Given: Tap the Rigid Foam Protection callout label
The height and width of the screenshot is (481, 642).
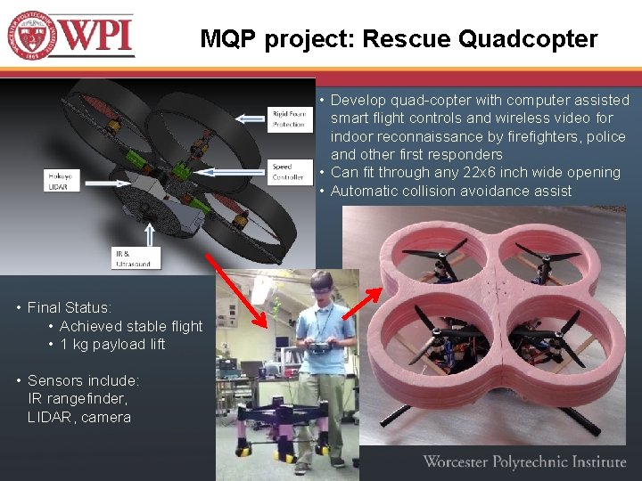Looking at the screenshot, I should click(289, 118).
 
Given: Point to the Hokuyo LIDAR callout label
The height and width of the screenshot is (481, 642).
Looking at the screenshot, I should click(60, 182).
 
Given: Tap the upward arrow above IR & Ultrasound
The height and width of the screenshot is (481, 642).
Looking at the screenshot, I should click(150, 233).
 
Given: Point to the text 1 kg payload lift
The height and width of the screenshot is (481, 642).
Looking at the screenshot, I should click(112, 345).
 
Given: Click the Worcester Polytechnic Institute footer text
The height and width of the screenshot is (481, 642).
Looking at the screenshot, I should click(524, 461).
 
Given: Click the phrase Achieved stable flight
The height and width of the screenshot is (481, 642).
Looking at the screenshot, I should click(131, 326).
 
